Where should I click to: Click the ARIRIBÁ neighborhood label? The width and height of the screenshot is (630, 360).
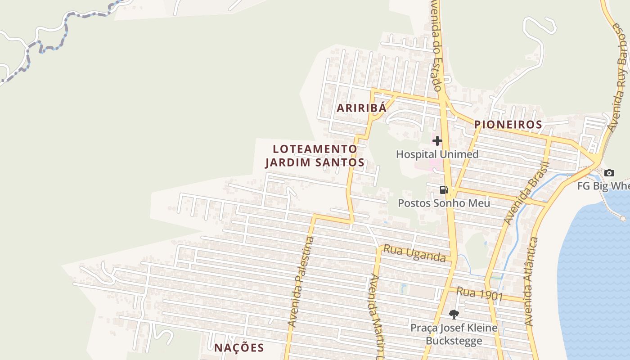click(x=362, y=108)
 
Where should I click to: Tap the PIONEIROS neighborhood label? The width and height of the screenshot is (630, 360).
click(x=508, y=125)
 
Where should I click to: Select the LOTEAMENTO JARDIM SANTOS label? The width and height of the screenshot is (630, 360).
click(x=315, y=155)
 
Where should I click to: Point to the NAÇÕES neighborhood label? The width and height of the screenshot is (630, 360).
click(x=239, y=347)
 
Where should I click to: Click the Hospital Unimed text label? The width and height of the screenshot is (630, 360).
click(x=437, y=154)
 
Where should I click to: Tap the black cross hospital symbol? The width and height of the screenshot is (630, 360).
click(x=437, y=141)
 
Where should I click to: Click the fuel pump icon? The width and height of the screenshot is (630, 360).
click(x=444, y=190)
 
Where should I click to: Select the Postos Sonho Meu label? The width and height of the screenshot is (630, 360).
click(x=444, y=203)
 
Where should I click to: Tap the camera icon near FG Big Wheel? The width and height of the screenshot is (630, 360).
click(x=609, y=173)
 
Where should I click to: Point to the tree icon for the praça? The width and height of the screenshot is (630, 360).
click(x=454, y=314)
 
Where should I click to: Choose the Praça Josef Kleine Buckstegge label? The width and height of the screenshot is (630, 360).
click(x=454, y=334)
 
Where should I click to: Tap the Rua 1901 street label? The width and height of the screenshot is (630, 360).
click(x=479, y=293)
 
